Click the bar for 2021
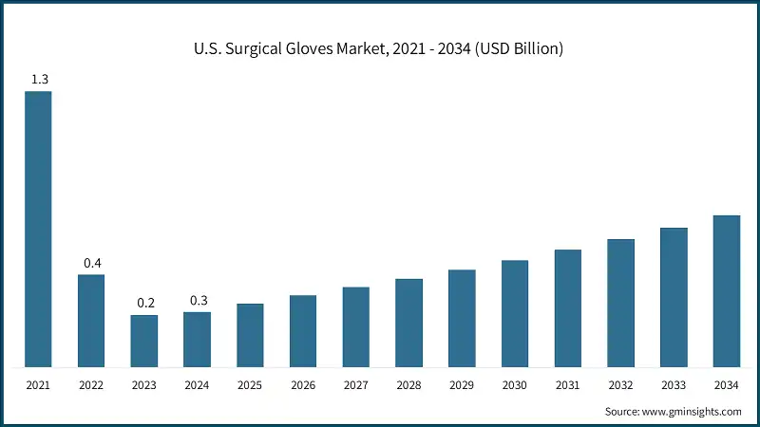pos(38,229)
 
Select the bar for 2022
pos(91,321)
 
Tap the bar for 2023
pos(144,341)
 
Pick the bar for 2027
pos(356,326)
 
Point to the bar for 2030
pos(515,313)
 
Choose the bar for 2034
pos(727,290)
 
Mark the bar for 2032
pos(620,303)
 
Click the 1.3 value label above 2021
pos(39,80)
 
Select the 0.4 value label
pos(92,263)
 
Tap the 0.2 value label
pos(145,303)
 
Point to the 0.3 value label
pos(199,300)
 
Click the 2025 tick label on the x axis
pos(251,386)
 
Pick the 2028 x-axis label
pos(409,386)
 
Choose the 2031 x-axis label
pos(568,386)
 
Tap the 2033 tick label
pos(674,386)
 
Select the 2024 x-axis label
pos(198,386)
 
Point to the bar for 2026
pos(303,331)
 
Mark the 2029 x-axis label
pos(462,386)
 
